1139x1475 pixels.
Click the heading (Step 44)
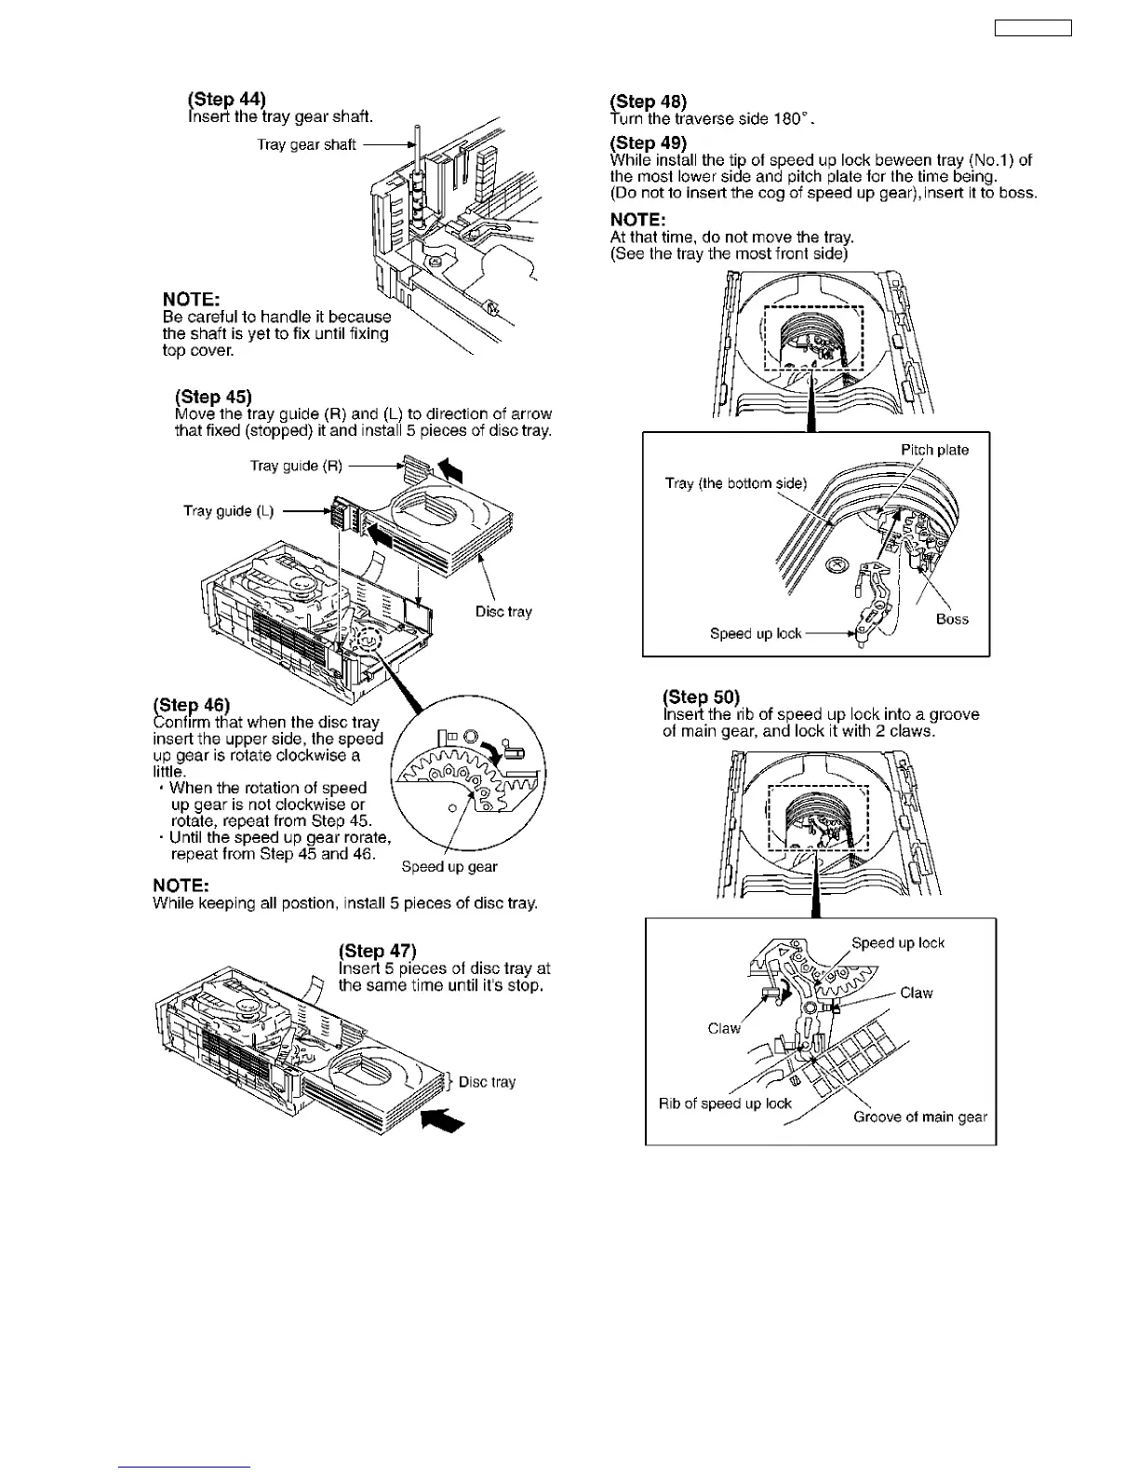tap(226, 100)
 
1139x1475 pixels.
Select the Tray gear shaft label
tap(306, 144)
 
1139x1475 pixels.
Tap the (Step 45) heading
tap(213, 397)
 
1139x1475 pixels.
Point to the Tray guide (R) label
tap(296, 466)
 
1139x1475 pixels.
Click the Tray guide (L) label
tap(229, 510)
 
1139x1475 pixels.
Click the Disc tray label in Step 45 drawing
tap(503, 612)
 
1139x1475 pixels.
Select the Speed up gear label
tap(449, 867)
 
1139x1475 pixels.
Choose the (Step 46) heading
tap(191, 705)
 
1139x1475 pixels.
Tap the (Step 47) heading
tap(378, 951)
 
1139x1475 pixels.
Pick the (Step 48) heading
tap(648, 101)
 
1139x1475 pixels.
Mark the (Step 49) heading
tap(648, 142)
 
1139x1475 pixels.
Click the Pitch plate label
tap(934, 451)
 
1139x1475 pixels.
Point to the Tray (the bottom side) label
tap(736, 483)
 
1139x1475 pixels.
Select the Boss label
tap(952, 619)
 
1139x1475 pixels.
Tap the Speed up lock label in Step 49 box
tap(755, 634)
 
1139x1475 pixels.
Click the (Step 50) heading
tap(701, 697)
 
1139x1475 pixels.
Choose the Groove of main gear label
tap(920, 1117)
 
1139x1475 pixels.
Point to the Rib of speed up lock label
tap(725, 1103)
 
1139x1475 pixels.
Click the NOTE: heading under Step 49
tap(637, 220)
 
